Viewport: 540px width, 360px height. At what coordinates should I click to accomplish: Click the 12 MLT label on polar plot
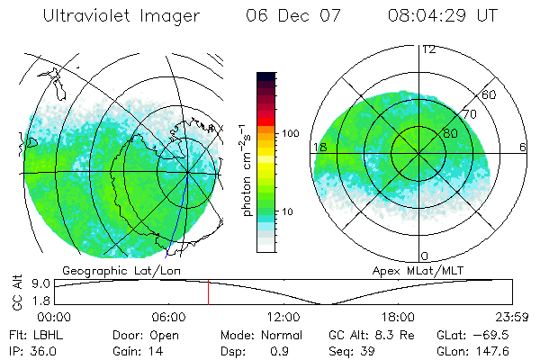tap(428, 49)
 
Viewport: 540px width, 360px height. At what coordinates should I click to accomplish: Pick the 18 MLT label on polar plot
tap(319, 147)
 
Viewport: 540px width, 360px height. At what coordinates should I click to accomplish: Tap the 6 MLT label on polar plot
tap(523, 147)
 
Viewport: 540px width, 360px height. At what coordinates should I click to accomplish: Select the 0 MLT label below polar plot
tap(425, 256)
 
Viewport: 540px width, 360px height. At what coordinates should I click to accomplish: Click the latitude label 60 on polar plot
tap(489, 94)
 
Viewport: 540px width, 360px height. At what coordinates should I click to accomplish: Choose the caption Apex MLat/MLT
tap(409, 270)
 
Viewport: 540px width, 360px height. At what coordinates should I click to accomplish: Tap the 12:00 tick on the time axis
tap(283, 317)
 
